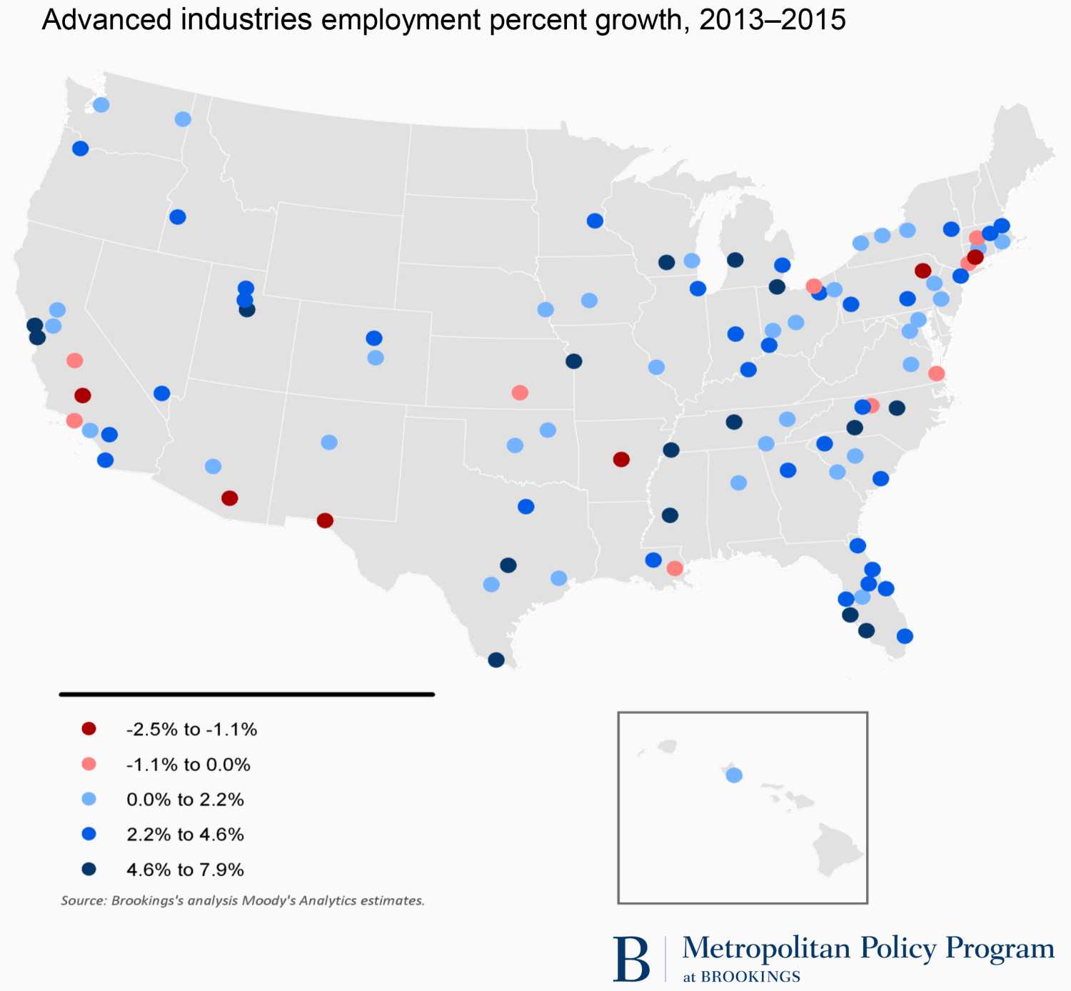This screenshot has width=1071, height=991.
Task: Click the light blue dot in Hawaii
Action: click(x=734, y=775)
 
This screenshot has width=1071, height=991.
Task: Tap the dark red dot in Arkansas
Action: click(x=621, y=459)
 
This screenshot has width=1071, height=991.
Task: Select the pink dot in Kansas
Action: click(x=520, y=393)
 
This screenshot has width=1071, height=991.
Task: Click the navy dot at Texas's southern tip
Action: click(x=496, y=660)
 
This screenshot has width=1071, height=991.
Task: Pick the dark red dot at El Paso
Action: click(x=325, y=520)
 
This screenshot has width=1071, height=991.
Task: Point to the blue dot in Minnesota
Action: click(x=595, y=221)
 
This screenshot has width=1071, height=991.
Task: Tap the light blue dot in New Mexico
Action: click(x=329, y=443)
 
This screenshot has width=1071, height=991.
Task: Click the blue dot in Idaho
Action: click(x=178, y=217)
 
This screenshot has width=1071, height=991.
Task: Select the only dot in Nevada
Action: click(x=162, y=393)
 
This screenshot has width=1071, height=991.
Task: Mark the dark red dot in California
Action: click(x=83, y=396)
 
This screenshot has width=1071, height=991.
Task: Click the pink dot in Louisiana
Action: click(x=675, y=568)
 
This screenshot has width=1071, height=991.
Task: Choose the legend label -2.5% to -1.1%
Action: click(x=191, y=730)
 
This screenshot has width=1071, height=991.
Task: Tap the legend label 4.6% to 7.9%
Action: click(x=185, y=870)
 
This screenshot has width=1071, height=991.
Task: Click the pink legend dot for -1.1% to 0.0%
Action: click(x=89, y=765)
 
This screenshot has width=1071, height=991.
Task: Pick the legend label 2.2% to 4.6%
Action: click(x=185, y=835)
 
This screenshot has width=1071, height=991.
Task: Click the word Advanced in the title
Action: click(x=105, y=20)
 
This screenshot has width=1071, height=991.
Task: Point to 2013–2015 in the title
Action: click(x=773, y=20)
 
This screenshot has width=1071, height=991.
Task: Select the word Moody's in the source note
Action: click(x=268, y=901)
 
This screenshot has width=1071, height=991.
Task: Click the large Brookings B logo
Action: click(x=632, y=959)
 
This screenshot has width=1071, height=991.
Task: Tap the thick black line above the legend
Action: click(x=247, y=694)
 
